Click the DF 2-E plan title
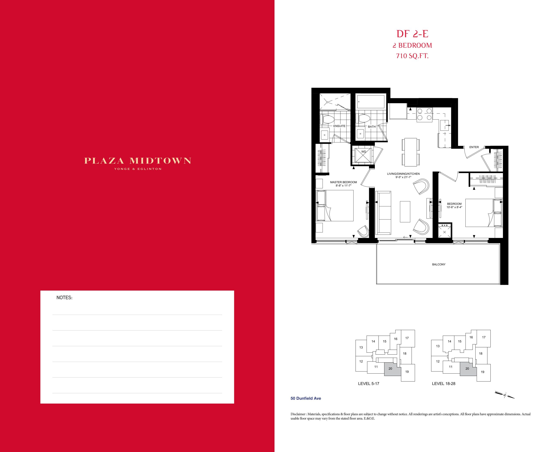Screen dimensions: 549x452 tap(412, 34)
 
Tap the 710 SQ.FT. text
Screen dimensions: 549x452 tap(412, 56)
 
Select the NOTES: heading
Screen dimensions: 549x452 tap(64, 298)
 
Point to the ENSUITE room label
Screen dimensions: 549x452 tap(339, 126)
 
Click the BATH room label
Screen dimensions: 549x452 tap(372, 127)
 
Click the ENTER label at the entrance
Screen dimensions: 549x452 tap(474, 147)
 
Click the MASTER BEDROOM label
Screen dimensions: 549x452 tap(344, 182)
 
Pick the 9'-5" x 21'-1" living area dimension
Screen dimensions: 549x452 tap(403, 177)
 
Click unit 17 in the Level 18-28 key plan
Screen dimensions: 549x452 tap(484, 337)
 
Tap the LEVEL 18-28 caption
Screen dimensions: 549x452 tap(443, 384)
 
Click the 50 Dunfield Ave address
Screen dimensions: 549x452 tap(306, 398)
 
